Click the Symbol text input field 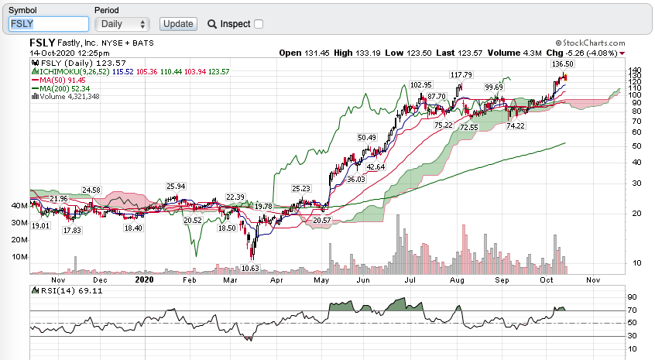49,24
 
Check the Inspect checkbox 259,24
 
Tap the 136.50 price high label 562,63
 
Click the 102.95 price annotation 420,84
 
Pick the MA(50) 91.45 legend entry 59,80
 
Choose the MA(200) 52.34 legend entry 61,88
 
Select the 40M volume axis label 19,206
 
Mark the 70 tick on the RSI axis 632,310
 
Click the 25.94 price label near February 177,187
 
